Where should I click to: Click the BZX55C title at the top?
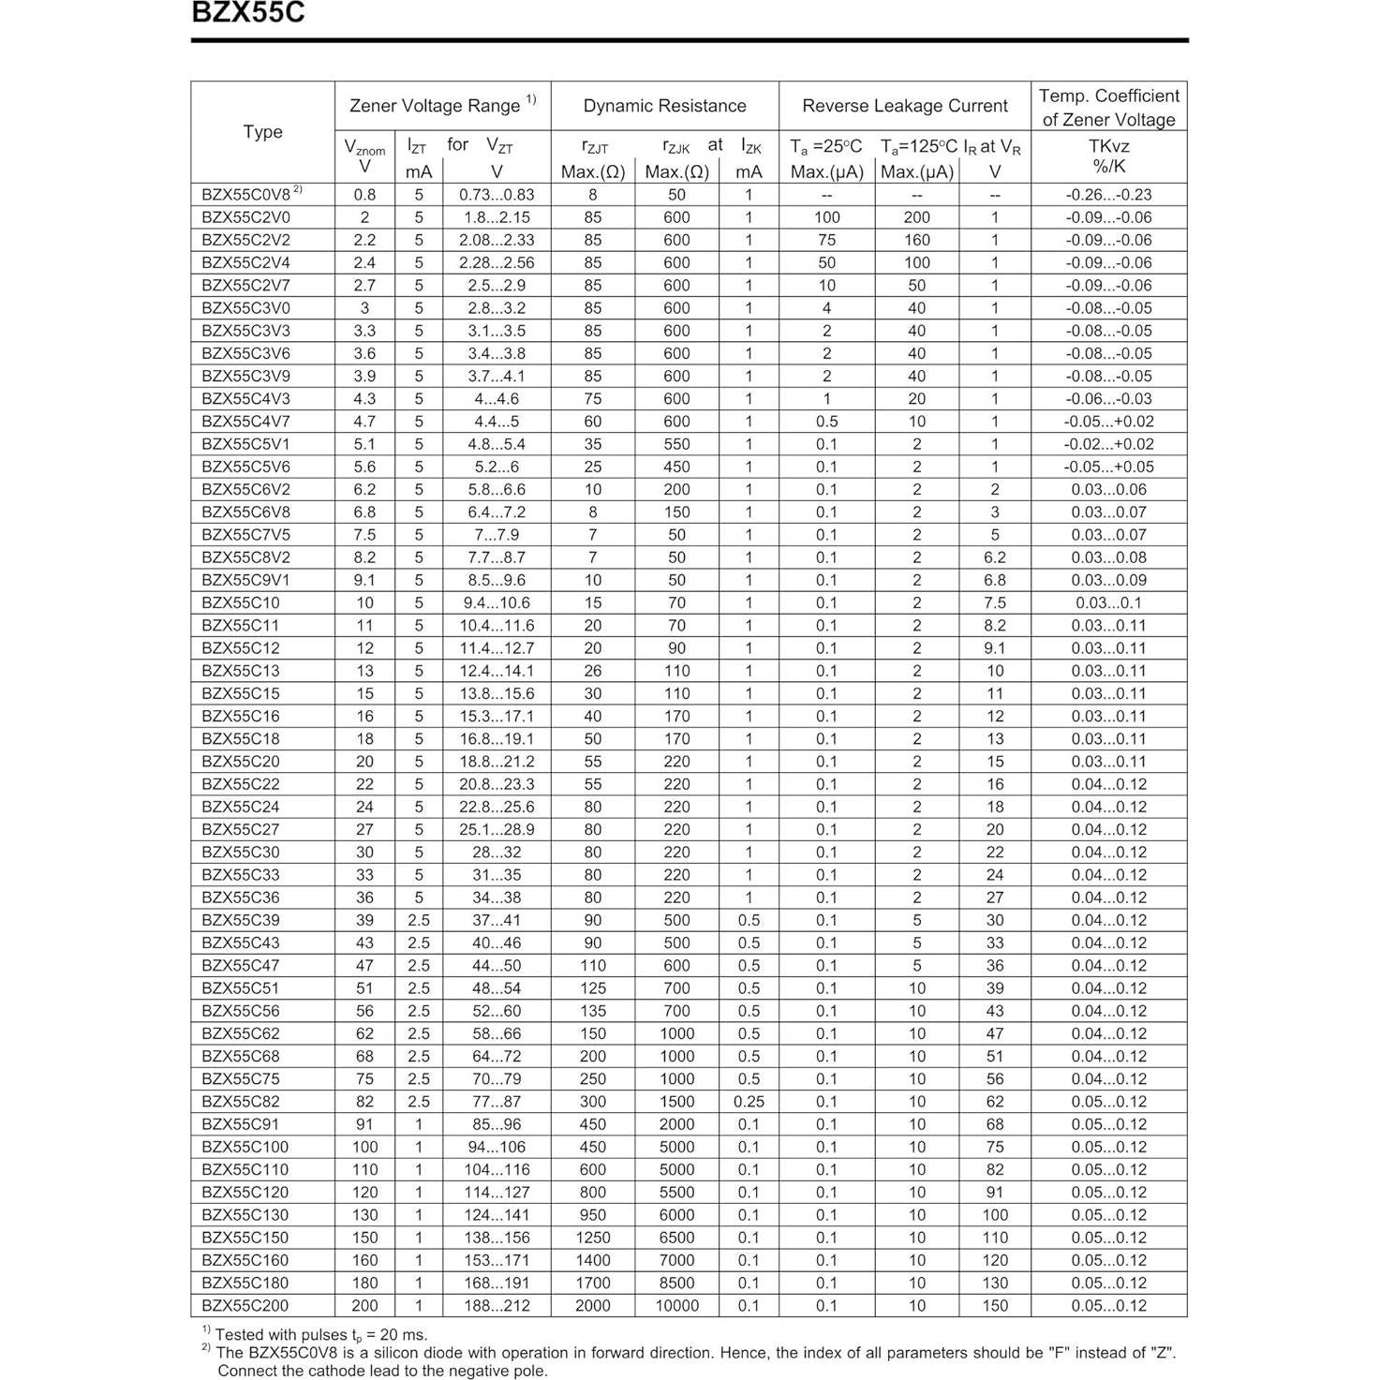click(x=247, y=13)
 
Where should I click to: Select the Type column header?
click(x=262, y=132)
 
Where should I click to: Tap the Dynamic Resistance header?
click(x=664, y=106)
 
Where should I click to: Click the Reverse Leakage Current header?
click(x=904, y=106)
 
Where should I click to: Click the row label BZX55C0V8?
click(x=246, y=195)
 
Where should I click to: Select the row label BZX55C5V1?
click(x=245, y=444)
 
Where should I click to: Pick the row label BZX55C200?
click(x=245, y=1305)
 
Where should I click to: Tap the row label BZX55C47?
click(x=241, y=965)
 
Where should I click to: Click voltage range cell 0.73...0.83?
click(x=497, y=195)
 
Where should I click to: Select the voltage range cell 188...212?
click(x=497, y=1305)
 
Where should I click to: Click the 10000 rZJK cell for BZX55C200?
click(x=676, y=1305)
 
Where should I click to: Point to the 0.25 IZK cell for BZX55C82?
click(x=749, y=1102)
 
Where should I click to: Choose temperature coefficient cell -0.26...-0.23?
click(x=1108, y=195)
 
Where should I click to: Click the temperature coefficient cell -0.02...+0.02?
click(x=1108, y=444)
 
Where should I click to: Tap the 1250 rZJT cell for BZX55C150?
click(x=592, y=1238)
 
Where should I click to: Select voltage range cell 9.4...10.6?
click(x=497, y=602)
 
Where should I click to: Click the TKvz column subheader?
click(x=1108, y=147)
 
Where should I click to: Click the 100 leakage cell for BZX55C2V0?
click(x=826, y=217)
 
